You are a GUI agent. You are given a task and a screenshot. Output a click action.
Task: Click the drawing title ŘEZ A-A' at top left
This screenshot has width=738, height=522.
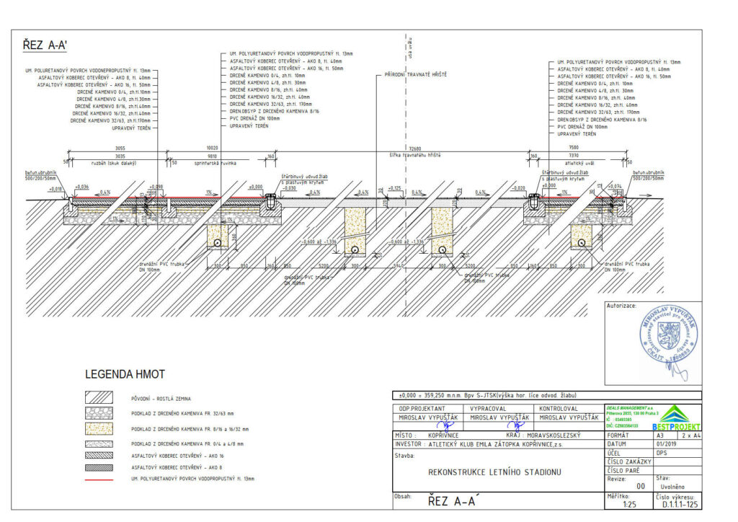[48, 46]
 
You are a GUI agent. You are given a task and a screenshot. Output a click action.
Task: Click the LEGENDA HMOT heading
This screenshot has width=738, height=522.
[125, 375]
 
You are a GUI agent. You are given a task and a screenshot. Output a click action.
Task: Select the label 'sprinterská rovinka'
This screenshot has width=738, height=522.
[212, 162]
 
